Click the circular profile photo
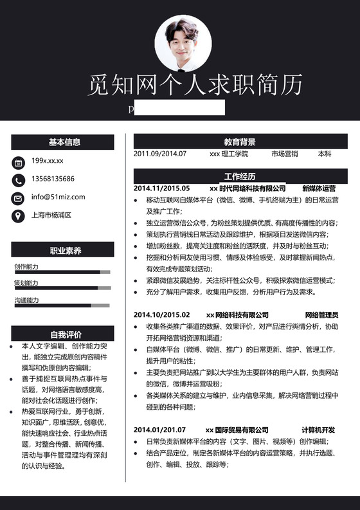click(183, 43)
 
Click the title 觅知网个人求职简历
click(195, 84)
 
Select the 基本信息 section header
click(62, 142)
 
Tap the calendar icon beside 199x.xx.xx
click(18, 162)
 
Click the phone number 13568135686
click(53, 179)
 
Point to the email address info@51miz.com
click(57, 197)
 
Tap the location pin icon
click(18, 215)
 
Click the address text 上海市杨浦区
click(51, 215)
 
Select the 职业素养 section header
click(62, 250)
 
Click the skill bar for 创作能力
click(62, 272)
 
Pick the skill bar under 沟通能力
click(62, 305)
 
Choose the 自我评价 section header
click(62, 334)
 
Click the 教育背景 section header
click(240, 141)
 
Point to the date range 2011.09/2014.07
click(160, 154)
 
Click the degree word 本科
click(325, 154)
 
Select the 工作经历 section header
click(240, 176)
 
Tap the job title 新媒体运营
click(319, 188)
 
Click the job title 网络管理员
click(321, 314)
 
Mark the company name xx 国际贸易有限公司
click(237, 430)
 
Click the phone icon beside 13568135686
click(18, 179)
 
